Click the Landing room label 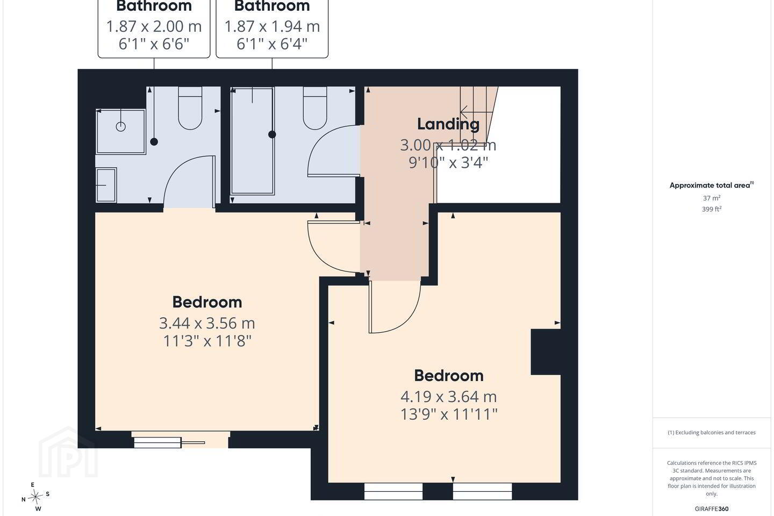(x=448, y=124)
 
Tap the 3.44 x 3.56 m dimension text (x=207, y=324)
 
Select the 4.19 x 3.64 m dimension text (x=448, y=397)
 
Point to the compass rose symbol (x=35, y=497)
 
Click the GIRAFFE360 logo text (x=712, y=508)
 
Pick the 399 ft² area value (x=712, y=209)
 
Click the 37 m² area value (x=712, y=198)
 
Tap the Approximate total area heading (x=712, y=185)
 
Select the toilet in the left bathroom (x=190, y=108)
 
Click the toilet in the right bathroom (x=315, y=108)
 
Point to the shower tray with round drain (x=120, y=131)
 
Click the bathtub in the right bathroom (x=253, y=141)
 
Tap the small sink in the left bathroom (x=106, y=185)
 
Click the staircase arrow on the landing (x=474, y=112)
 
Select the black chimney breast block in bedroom (x=546, y=352)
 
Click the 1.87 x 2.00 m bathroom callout (x=154, y=27)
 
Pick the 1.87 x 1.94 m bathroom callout (x=272, y=27)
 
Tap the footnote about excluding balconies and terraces (x=712, y=432)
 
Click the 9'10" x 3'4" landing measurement (x=448, y=162)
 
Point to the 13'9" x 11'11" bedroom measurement (x=448, y=414)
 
